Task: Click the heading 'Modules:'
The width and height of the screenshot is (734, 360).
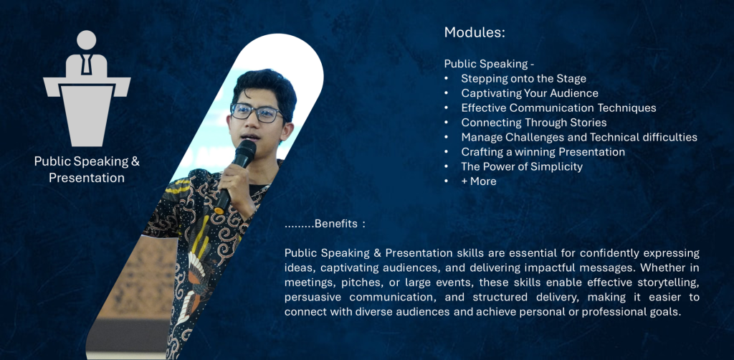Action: pyautogui.click(x=475, y=32)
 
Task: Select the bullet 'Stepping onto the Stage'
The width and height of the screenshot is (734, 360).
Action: pyautogui.click(x=523, y=78)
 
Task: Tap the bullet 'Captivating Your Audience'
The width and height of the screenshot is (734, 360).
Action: pyautogui.click(x=530, y=93)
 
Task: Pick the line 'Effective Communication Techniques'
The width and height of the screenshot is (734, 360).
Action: pyautogui.click(x=558, y=108)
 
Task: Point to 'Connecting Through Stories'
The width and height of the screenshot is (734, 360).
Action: pyautogui.click(x=533, y=123)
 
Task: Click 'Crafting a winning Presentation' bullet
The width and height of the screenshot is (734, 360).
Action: pyautogui.click(x=543, y=152)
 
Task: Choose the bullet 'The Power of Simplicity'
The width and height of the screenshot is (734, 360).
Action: pyautogui.click(x=522, y=166)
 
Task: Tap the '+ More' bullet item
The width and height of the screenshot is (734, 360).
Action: pyautogui.click(x=478, y=181)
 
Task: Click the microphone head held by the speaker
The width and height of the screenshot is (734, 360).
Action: pyautogui.click(x=245, y=153)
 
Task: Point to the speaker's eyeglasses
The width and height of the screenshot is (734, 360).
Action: pyautogui.click(x=257, y=113)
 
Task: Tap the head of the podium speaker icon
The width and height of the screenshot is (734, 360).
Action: pyautogui.click(x=87, y=39)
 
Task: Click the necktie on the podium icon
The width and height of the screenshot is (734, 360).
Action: pyautogui.click(x=87, y=64)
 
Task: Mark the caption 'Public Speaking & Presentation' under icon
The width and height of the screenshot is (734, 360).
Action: pyautogui.click(x=87, y=169)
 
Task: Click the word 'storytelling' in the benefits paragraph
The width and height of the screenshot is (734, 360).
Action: pyautogui.click(x=671, y=283)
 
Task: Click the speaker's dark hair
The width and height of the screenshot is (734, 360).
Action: pyautogui.click(x=265, y=87)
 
